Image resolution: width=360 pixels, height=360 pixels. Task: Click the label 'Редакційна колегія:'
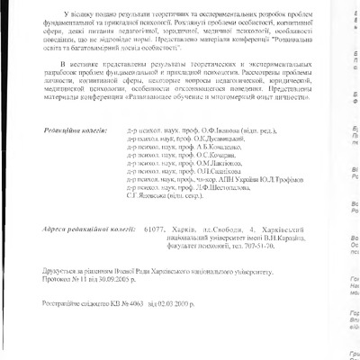(78, 130)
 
